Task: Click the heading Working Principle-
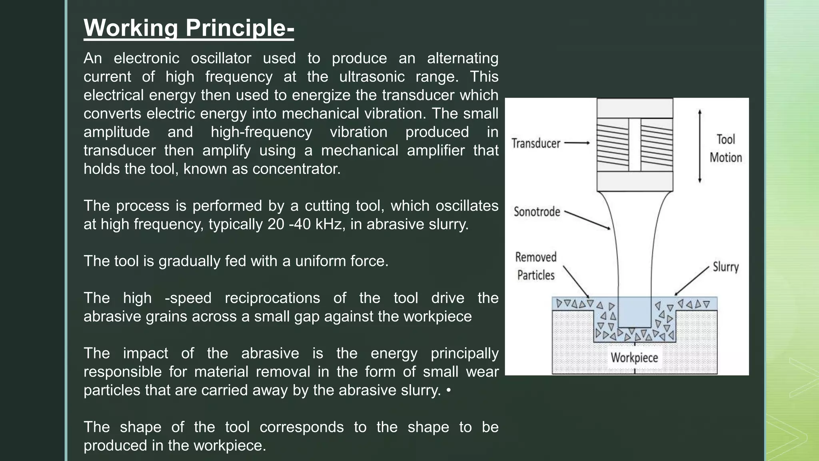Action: [189, 28]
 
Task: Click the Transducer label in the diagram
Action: [535, 143]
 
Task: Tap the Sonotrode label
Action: [537, 211]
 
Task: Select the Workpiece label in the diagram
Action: [634, 357]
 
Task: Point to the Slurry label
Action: [725, 267]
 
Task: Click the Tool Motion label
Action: [725, 148]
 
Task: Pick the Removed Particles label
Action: [535, 266]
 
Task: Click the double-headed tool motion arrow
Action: [699, 146]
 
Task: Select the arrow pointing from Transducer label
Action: [577, 143]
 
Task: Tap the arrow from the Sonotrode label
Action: [587, 220]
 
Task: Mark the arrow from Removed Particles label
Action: [576, 282]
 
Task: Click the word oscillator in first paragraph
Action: [221, 58]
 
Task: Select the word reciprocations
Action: [272, 298]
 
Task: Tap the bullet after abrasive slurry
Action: [448, 390]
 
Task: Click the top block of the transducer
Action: [635, 108]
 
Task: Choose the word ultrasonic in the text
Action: [372, 77]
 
